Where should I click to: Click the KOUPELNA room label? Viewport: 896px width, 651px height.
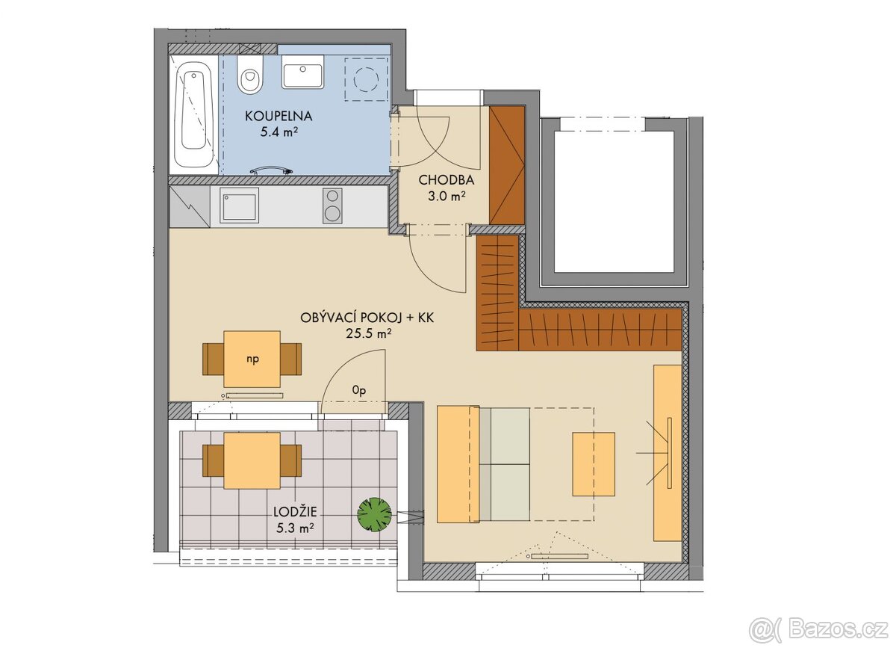coord(279,116)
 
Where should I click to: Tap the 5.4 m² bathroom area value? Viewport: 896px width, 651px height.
coord(279,132)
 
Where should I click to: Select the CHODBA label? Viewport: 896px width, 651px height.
coord(447,180)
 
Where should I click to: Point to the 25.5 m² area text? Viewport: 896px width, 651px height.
coord(368,333)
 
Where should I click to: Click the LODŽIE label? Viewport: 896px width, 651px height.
coord(295,512)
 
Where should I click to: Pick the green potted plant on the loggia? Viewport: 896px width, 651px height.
coord(374,514)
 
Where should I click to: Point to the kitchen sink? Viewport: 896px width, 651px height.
coord(239,206)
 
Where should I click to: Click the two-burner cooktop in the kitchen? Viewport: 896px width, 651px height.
coord(332,206)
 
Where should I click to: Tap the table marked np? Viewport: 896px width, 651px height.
coord(252,359)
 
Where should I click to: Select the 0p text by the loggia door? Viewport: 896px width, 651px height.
coord(359,390)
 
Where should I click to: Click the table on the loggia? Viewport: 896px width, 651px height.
coord(252,460)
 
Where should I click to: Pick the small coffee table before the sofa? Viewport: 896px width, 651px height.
coord(594,464)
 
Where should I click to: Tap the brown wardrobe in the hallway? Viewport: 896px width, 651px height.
coord(507,165)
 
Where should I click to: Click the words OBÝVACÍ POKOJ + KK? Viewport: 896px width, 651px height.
coord(367,318)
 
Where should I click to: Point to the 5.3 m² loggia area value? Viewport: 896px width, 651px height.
coord(295,528)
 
